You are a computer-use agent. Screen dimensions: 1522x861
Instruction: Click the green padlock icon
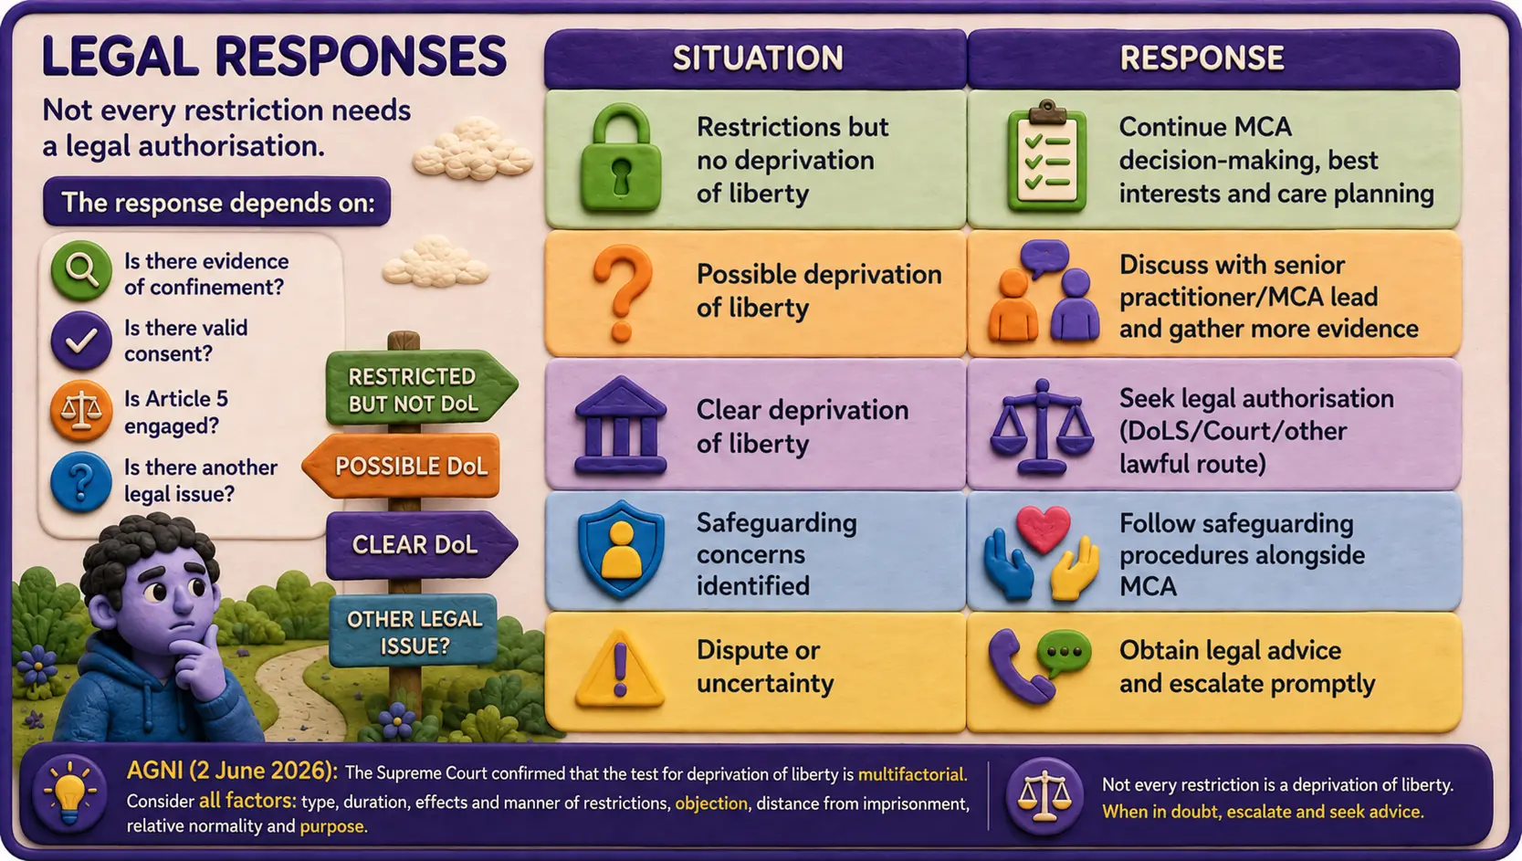[x=620, y=159]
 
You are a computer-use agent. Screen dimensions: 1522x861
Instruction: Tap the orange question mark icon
[x=622, y=293]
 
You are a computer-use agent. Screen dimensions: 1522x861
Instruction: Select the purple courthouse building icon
[x=620, y=425]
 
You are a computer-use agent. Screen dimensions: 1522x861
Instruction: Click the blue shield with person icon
[x=620, y=550]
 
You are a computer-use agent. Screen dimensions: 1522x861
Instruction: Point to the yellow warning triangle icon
[x=620, y=670]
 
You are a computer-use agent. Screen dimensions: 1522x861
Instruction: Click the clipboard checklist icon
[x=1047, y=156]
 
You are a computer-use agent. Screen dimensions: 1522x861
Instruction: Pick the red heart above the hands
[x=1043, y=529]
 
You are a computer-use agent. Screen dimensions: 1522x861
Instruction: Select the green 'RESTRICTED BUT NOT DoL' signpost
[x=421, y=389]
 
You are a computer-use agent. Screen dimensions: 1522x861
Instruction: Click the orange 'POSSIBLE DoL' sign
[x=403, y=467]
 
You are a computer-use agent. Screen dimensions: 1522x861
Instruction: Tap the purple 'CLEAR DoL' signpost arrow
[x=421, y=545]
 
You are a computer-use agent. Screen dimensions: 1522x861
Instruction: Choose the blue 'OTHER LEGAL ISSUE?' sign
[x=413, y=631]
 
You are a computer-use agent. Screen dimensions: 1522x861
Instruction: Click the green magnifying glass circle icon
[x=81, y=271]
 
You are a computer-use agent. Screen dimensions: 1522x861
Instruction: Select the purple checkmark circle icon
[x=81, y=341]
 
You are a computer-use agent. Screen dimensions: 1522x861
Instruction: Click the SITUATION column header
[x=756, y=58]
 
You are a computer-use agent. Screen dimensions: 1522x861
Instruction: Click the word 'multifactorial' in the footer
[x=911, y=774]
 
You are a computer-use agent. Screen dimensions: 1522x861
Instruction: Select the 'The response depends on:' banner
[x=216, y=202]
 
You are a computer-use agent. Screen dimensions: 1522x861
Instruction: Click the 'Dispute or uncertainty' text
[x=764, y=667]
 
